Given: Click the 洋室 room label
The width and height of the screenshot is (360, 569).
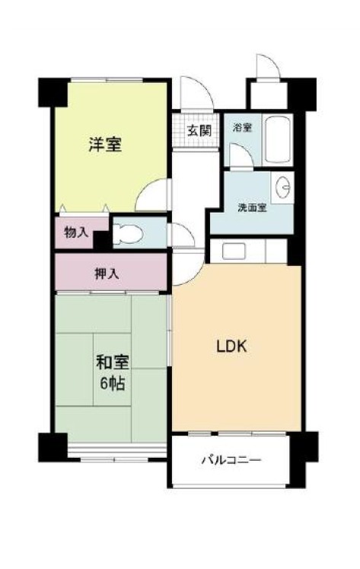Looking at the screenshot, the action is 105,144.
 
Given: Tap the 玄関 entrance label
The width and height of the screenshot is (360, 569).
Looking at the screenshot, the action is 199,130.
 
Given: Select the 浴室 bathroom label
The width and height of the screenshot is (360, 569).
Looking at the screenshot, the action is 242,128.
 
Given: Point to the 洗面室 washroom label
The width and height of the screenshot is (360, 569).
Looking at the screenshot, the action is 253,208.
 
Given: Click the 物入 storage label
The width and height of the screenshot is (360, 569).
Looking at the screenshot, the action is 76,232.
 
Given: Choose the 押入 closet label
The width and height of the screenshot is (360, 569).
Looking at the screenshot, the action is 107,273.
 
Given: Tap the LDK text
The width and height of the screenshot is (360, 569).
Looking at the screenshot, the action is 231,347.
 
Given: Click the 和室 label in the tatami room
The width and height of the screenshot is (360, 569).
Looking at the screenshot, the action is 113,362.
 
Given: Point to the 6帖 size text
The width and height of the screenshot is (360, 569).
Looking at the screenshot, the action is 113,383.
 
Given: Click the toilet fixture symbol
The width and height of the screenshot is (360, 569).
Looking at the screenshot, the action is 127,233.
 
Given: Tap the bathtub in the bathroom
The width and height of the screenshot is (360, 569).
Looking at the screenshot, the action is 277,140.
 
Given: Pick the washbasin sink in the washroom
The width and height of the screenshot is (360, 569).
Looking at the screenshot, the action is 283,187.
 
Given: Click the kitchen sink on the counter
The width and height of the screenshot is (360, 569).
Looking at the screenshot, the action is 234,251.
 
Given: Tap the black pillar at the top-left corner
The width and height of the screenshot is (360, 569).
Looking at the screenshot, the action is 53,92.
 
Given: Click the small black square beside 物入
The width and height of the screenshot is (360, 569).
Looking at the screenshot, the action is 102,240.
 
